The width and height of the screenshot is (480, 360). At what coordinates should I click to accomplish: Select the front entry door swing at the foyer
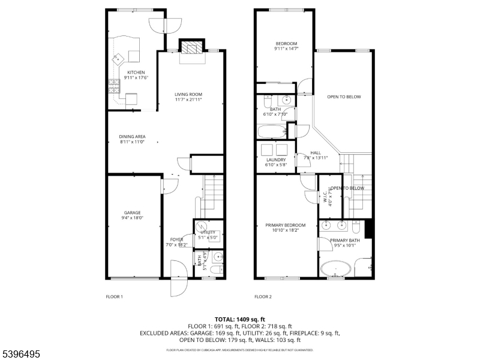coord(178,278)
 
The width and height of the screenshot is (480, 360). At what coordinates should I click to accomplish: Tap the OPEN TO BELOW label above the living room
coord(344,97)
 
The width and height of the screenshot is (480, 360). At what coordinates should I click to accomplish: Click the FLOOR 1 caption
coord(114,296)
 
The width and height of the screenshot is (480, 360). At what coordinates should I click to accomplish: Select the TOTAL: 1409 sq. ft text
coord(240,319)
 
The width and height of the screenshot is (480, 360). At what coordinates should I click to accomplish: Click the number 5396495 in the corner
coord(21,355)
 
